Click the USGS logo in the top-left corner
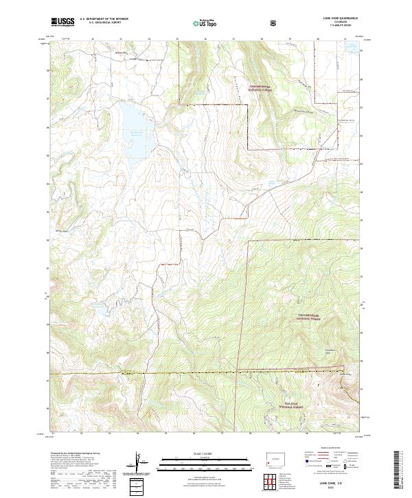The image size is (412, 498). point(62,21)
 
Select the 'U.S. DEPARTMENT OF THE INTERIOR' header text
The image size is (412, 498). point(103,19)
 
